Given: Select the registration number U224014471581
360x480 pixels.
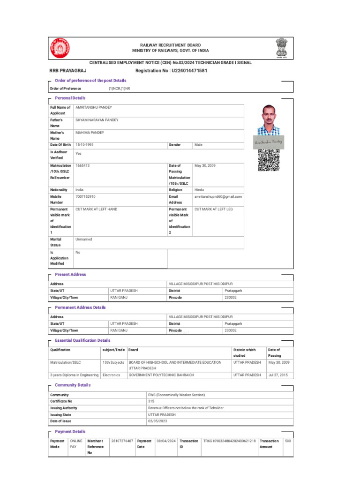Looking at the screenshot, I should click(x=171, y=71).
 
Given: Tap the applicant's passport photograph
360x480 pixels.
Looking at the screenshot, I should click(x=269, y=120).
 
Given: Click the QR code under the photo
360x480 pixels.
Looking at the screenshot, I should click(x=269, y=160).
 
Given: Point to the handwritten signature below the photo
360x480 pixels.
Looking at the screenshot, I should click(x=269, y=142).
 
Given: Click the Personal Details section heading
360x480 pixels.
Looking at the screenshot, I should click(x=70, y=98).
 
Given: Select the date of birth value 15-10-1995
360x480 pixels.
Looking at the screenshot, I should click(x=84, y=145).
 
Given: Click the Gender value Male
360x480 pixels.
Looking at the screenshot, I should click(x=198, y=145).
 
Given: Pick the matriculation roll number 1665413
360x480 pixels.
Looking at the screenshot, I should click(x=82, y=165).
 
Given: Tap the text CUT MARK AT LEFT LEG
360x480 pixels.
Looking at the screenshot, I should click(x=213, y=209).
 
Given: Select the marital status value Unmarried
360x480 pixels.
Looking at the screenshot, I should click(x=84, y=239).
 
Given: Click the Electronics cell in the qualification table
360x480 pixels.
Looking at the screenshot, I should click(x=112, y=375).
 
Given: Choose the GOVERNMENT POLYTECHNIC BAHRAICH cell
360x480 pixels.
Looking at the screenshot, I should click(x=161, y=375).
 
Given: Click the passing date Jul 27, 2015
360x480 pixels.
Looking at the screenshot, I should click(x=278, y=375).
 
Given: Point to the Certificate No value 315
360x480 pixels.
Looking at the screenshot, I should click(x=151, y=401).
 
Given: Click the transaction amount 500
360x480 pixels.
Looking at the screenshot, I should click(x=288, y=441).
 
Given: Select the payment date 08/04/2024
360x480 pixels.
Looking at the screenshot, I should click(x=166, y=441).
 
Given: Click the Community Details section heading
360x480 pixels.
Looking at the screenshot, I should click(x=73, y=385).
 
